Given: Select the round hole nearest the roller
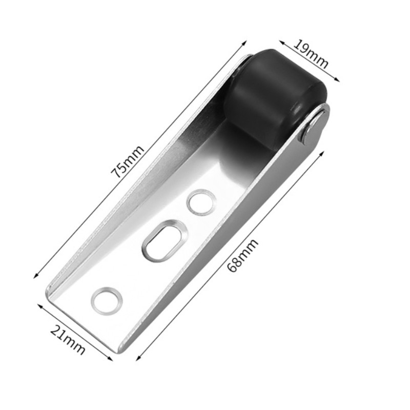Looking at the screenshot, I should [200, 202].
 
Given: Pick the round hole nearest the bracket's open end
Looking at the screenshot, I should [107, 300].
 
